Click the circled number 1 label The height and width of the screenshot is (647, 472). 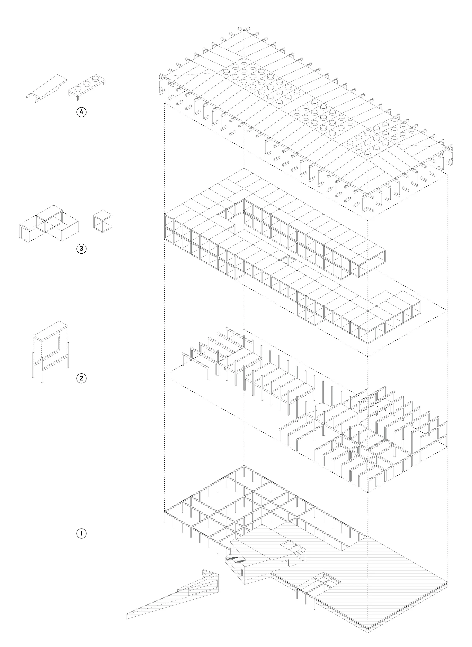[x=81, y=533]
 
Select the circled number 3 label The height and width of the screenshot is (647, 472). [x=81, y=248]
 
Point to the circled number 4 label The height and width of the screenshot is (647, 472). [x=81, y=112]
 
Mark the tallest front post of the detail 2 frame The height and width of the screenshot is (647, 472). [x=42, y=369]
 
